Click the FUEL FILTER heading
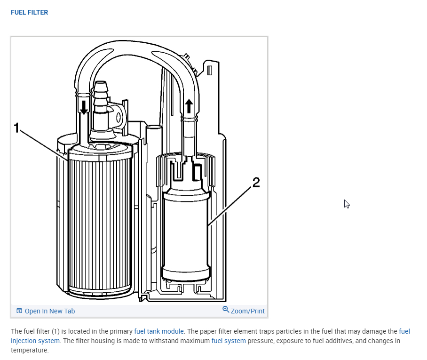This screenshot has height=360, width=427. (29, 12)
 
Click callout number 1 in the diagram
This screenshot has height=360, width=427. (16, 128)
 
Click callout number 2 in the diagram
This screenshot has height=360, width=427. (256, 183)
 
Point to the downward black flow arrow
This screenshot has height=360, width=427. (84, 107)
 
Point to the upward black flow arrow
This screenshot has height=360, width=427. (189, 105)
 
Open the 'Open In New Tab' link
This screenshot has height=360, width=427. (49, 311)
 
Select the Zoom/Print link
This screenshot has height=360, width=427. (247, 311)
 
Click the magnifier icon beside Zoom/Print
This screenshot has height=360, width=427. (226, 310)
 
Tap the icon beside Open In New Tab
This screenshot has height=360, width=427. (19, 311)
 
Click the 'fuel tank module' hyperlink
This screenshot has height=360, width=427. (159, 331)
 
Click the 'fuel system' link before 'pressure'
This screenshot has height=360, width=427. (229, 341)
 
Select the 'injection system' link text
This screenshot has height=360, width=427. (35, 341)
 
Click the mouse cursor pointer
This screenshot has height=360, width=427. (346, 203)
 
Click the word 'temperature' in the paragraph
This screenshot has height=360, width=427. (30, 350)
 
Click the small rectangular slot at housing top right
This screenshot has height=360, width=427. (210, 70)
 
